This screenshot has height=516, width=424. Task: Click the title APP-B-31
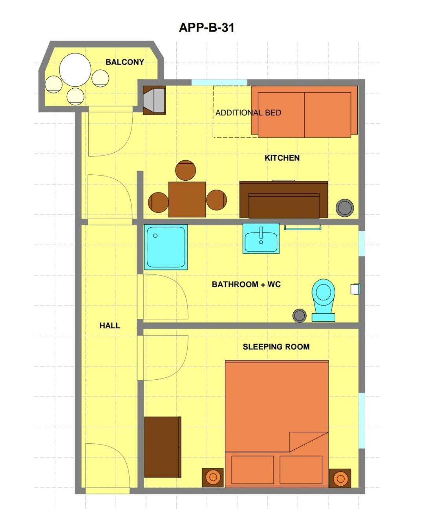[207, 27]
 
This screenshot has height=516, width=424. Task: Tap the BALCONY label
[124, 62]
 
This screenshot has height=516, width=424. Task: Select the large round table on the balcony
[75, 70]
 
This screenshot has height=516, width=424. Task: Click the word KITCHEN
[282, 158]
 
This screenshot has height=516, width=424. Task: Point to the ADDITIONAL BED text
[249, 113]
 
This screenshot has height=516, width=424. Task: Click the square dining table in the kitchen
[187, 199]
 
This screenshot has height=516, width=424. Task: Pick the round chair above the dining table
[186, 170]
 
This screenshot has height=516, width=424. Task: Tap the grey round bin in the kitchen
[345, 208]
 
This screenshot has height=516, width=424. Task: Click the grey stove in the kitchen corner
[154, 100]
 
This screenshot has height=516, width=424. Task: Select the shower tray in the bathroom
[166, 247]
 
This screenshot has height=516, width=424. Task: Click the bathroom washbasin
[261, 238]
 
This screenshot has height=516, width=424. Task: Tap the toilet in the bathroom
[323, 300]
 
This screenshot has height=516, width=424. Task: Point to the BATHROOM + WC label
[246, 284]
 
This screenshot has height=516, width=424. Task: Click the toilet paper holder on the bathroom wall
[355, 289]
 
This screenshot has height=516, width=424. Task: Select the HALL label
[110, 326]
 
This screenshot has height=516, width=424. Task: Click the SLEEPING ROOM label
[276, 347]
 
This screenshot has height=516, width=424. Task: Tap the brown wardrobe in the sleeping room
[163, 447]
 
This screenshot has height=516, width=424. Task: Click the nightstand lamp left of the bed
[213, 478]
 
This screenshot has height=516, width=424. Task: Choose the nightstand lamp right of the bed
[340, 478]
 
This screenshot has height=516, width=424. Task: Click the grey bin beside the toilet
[300, 316]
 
